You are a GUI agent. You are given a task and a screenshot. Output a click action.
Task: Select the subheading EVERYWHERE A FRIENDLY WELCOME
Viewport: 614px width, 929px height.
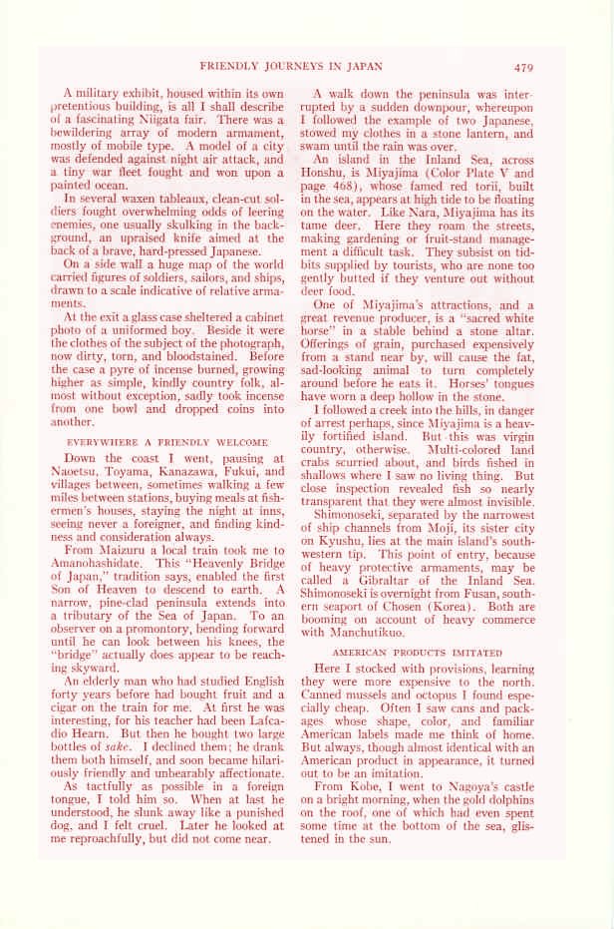click(167, 440)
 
